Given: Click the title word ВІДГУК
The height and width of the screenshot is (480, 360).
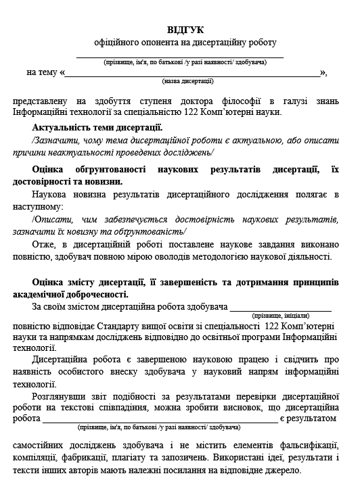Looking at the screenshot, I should pos(185,30).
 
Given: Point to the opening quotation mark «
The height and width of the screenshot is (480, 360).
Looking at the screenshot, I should pos(62,72).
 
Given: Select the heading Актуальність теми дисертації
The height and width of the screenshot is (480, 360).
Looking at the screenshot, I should pos(97,127).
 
